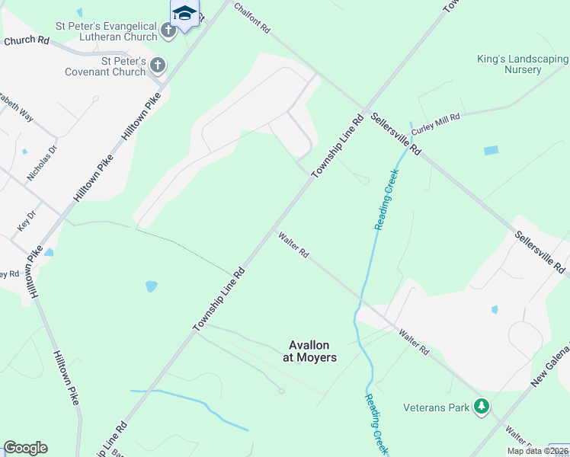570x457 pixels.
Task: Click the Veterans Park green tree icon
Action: [481, 407]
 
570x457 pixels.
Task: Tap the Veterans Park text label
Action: [437, 407]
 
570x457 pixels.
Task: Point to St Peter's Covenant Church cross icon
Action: [158, 66]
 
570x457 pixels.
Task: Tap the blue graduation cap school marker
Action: [184, 14]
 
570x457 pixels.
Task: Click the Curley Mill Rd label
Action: [437, 125]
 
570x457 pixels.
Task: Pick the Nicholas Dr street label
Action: [42, 164]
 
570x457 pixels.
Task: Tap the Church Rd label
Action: [26, 40]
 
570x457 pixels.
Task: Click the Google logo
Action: [25, 448]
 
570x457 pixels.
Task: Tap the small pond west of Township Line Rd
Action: [151, 287]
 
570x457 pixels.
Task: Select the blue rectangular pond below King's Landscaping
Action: [492, 151]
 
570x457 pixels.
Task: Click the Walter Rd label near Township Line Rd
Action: [293, 245]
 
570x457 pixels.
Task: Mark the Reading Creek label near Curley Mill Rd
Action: [387, 200]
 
